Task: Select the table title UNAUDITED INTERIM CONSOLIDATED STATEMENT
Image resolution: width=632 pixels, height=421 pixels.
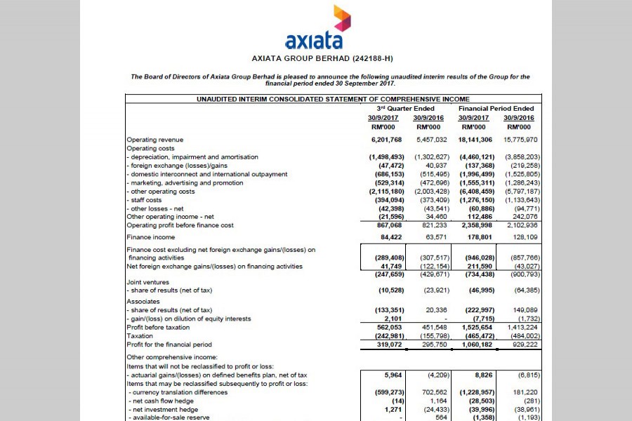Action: (x=333, y=100)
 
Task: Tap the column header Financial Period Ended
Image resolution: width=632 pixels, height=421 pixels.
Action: (x=496, y=109)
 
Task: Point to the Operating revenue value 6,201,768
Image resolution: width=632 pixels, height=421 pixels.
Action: (x=385, y=140)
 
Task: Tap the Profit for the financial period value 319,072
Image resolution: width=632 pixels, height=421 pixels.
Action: (x=389, y=345)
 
